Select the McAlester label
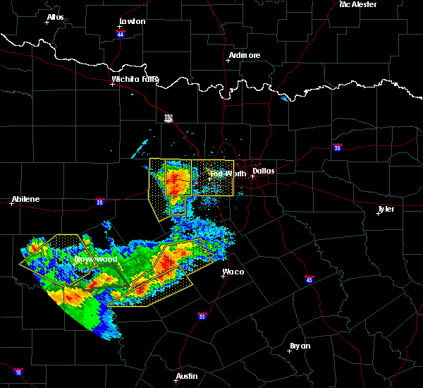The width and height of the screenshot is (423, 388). (x=357, y=4)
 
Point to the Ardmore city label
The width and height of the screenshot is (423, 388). (x=245, y=55)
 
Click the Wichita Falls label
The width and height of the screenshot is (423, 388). (x=135, y=79)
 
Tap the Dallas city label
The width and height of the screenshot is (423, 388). (x=264, y=171)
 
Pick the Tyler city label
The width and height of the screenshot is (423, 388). (x=386, y=209)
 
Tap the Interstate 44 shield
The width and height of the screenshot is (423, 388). (x=121, y=34)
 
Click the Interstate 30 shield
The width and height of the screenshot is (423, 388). (x=337, y=147)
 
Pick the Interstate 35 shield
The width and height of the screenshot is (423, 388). (x=202, y=315)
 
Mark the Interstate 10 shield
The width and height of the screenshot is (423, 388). (x=18, y=372)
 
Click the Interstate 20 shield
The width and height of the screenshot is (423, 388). (x=99, y=201)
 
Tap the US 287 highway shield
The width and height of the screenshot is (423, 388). (x=168, y=118)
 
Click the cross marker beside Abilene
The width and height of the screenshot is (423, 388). (x=12, y=204)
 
